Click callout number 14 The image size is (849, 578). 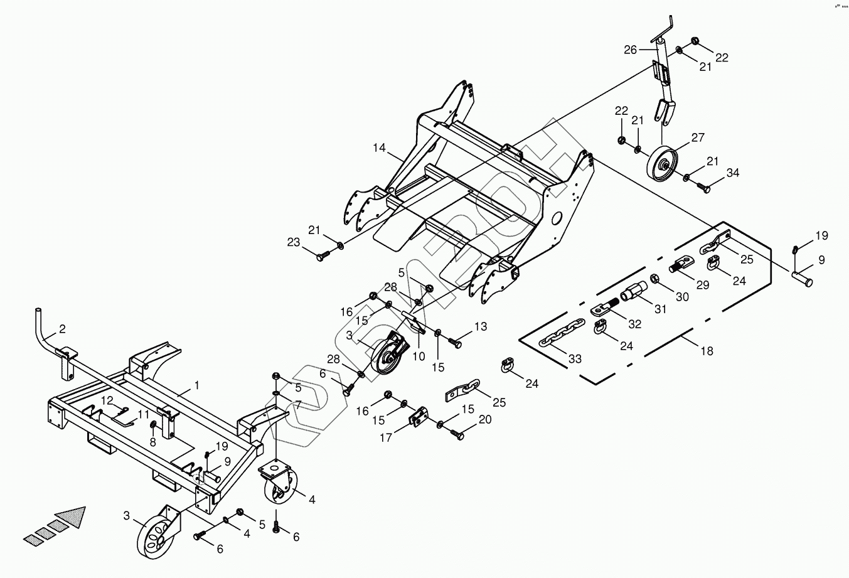(x=379, y=149)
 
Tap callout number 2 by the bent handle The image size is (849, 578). (x=62, y=329)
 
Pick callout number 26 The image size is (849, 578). (x=631, y=49)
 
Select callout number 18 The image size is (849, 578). (x=707, y=351)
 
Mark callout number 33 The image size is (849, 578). (x=575, y=359)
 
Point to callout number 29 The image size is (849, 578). (x=702, y=284)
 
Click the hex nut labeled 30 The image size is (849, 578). (x=653, y=278)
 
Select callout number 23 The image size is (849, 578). (x=294, y=242)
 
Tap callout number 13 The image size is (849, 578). (x=481, y=326)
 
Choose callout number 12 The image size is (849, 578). (x=107, y=400)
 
